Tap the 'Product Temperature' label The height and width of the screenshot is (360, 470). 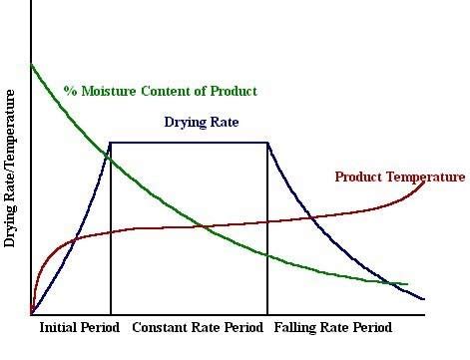click(399, 178)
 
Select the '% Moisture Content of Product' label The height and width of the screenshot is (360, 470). click(160, 91)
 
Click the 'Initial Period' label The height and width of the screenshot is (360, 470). click(79, 327)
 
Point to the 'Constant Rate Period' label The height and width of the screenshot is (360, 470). click(198, 327)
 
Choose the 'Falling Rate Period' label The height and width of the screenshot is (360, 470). click(332, 327)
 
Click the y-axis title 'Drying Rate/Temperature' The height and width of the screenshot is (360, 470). click(11, 167)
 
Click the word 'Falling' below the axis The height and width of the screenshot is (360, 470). click(296, 327)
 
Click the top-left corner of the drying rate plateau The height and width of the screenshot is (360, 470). click(110, 143)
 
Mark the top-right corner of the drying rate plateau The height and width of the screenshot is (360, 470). click(267, 143)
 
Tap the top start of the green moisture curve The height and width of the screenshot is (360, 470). click(32, 66)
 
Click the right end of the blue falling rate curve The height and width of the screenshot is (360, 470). click(424, 299)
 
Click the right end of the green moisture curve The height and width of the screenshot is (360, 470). click(407, 284)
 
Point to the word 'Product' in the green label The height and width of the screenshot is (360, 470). click(234, 91)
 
